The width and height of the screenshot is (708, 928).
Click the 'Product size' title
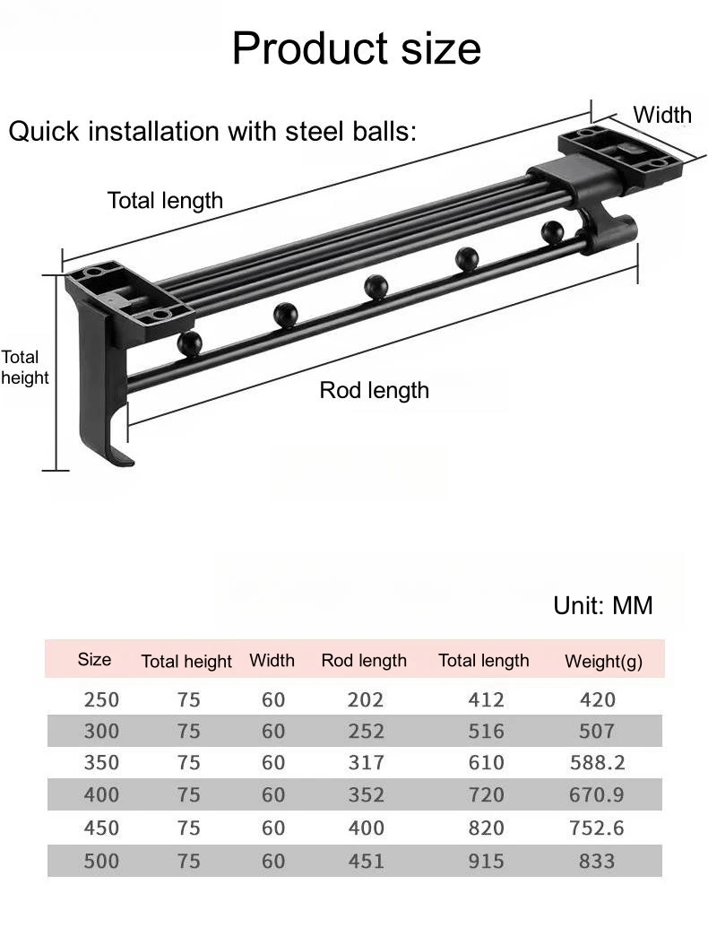(x=356, y=48)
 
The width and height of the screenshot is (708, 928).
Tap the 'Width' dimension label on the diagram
(x=662, y=115)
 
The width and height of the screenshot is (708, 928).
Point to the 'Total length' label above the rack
(x=165, y=201)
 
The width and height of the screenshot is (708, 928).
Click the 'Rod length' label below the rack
(x=374, y=391)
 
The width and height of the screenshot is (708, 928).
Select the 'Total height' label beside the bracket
(x=24, y=367)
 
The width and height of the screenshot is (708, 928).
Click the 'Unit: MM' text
(x=603, y=605)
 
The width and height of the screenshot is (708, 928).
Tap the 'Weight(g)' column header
(x=603, y=661)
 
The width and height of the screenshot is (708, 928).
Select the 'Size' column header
(x=94, y=659)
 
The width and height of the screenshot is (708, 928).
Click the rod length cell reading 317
(x=366, y=762)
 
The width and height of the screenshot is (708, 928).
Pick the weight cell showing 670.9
(x=596, y=794)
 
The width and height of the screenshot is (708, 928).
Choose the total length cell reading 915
(x=487, y=861)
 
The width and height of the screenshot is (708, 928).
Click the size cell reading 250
(x=101, y=699)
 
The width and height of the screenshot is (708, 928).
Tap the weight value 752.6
(x=596, y=828)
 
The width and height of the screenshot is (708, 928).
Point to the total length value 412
(x=487, y=699)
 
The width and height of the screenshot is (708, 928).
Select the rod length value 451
(x=366, y=861)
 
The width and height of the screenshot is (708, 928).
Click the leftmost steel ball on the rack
(x=189, y=344)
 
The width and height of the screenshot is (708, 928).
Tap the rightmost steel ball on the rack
(x=552, y=232)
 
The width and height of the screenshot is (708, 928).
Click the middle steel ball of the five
(x=376, y=287)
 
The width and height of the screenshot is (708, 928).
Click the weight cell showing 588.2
(x=598, y=762)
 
